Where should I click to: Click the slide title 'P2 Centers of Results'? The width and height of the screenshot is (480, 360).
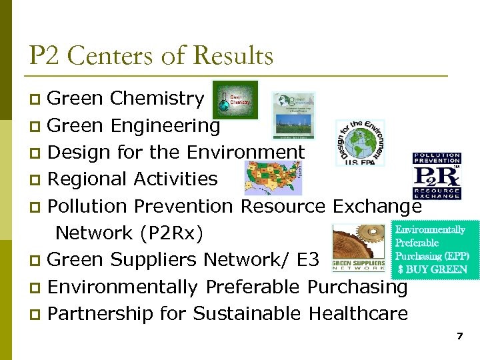pos(151,55)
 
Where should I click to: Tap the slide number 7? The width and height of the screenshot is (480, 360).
pos(459,336)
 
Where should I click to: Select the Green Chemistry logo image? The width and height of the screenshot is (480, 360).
pos(235,100)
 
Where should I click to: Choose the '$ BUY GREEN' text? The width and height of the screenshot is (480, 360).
pos(432,270)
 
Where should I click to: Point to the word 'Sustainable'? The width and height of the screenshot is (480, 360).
pos(240,314)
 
